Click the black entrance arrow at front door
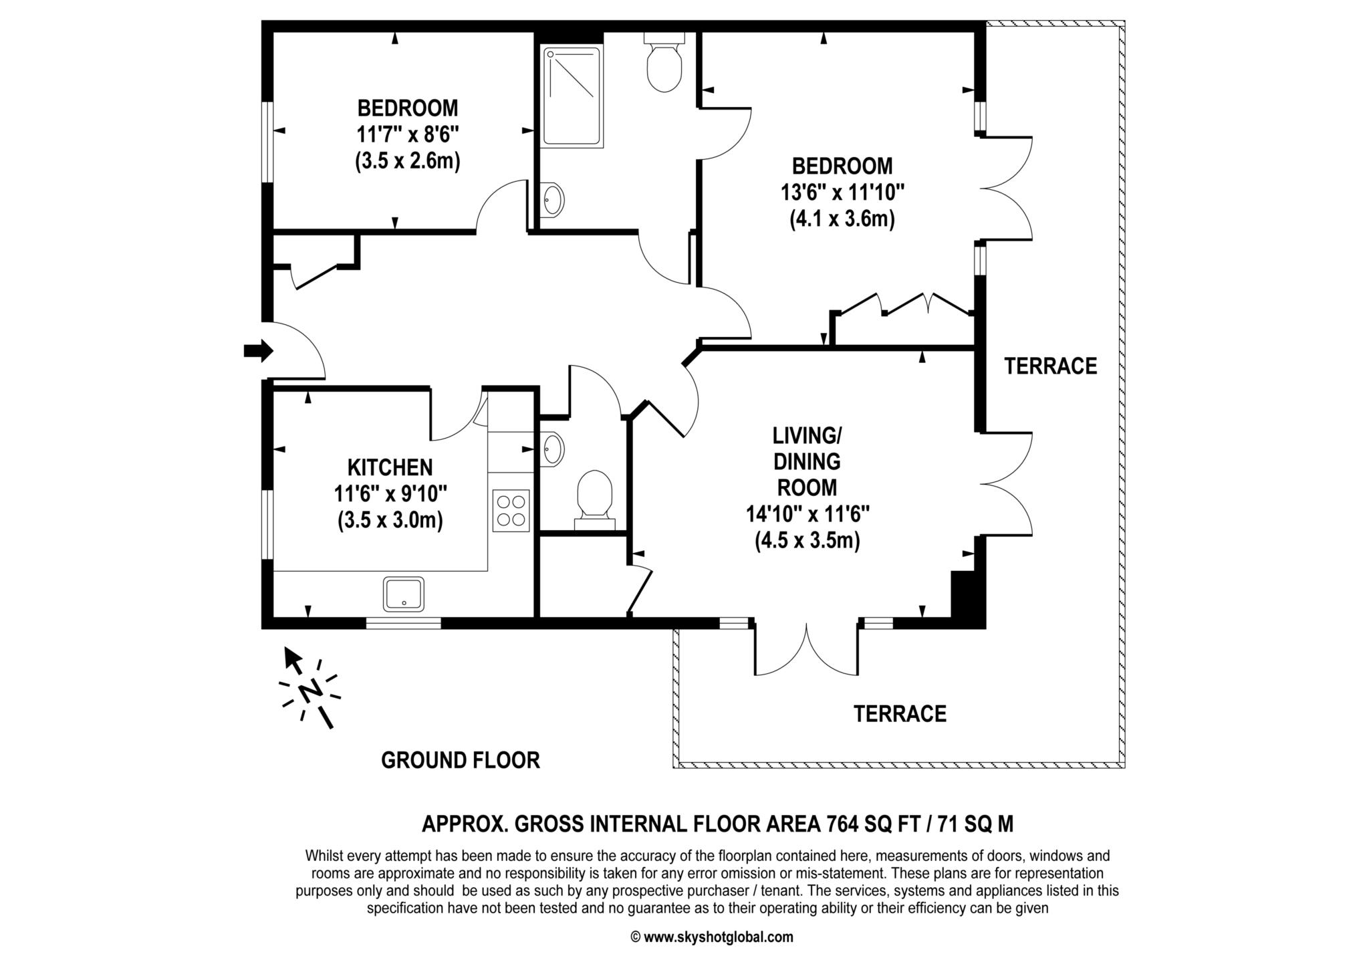(258, 350)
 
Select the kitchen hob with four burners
(511, 511)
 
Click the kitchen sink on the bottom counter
(404, 594)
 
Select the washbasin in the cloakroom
(553, 448)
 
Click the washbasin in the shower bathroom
(553, 199)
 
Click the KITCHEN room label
(390, 467)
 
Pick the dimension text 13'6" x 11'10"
(842, 193)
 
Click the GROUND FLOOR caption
(460, 760)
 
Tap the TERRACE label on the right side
(1050, 366)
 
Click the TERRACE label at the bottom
(900, 714)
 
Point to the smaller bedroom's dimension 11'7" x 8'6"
(407, 135)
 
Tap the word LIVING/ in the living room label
(807, 436)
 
